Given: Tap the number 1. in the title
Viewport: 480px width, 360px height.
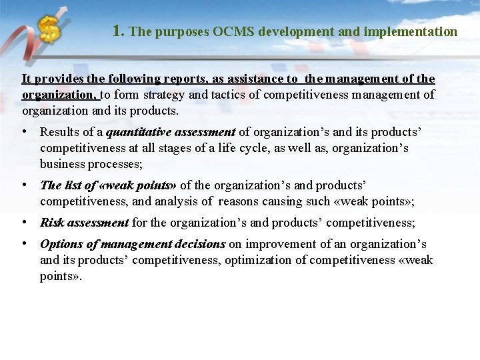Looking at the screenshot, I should pyautogui.click(x=119, y=31).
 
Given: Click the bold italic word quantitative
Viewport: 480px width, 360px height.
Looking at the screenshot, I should pyautogui.click(x=137, y=132).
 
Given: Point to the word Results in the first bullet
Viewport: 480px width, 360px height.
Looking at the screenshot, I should pyautogui.click(x=61, y=132).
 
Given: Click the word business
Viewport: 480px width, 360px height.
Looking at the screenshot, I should pyautogui.click(x=62, y=164).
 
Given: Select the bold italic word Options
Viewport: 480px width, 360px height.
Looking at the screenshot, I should pyautogui.click(x=61, y=244).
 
